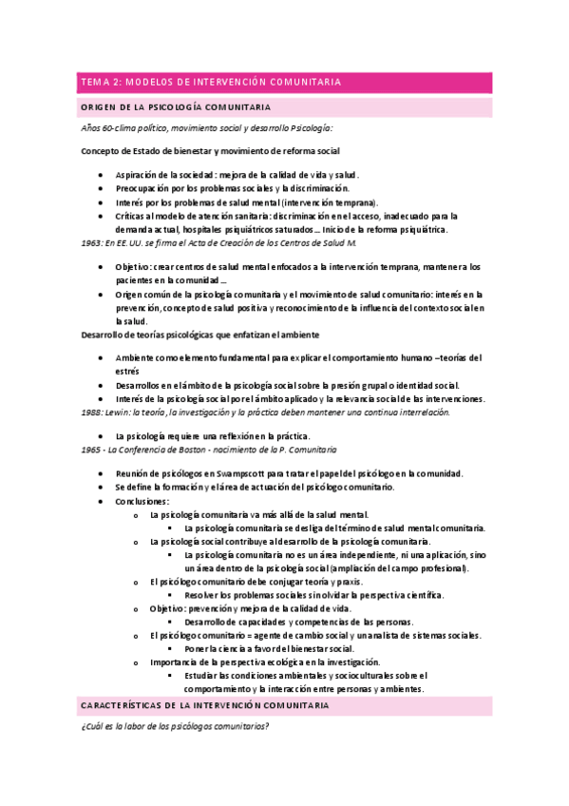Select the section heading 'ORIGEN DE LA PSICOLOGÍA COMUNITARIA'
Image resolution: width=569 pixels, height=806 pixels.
click(x=177, y=107)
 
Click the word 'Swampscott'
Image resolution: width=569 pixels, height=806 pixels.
click(x=241, y=473)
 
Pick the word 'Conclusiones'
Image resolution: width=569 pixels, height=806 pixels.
click(x=142, y=501)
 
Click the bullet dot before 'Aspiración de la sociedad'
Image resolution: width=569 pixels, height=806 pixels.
click(x=102, y=176)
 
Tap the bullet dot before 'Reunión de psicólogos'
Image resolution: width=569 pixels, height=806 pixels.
click(x=102, y=473)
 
